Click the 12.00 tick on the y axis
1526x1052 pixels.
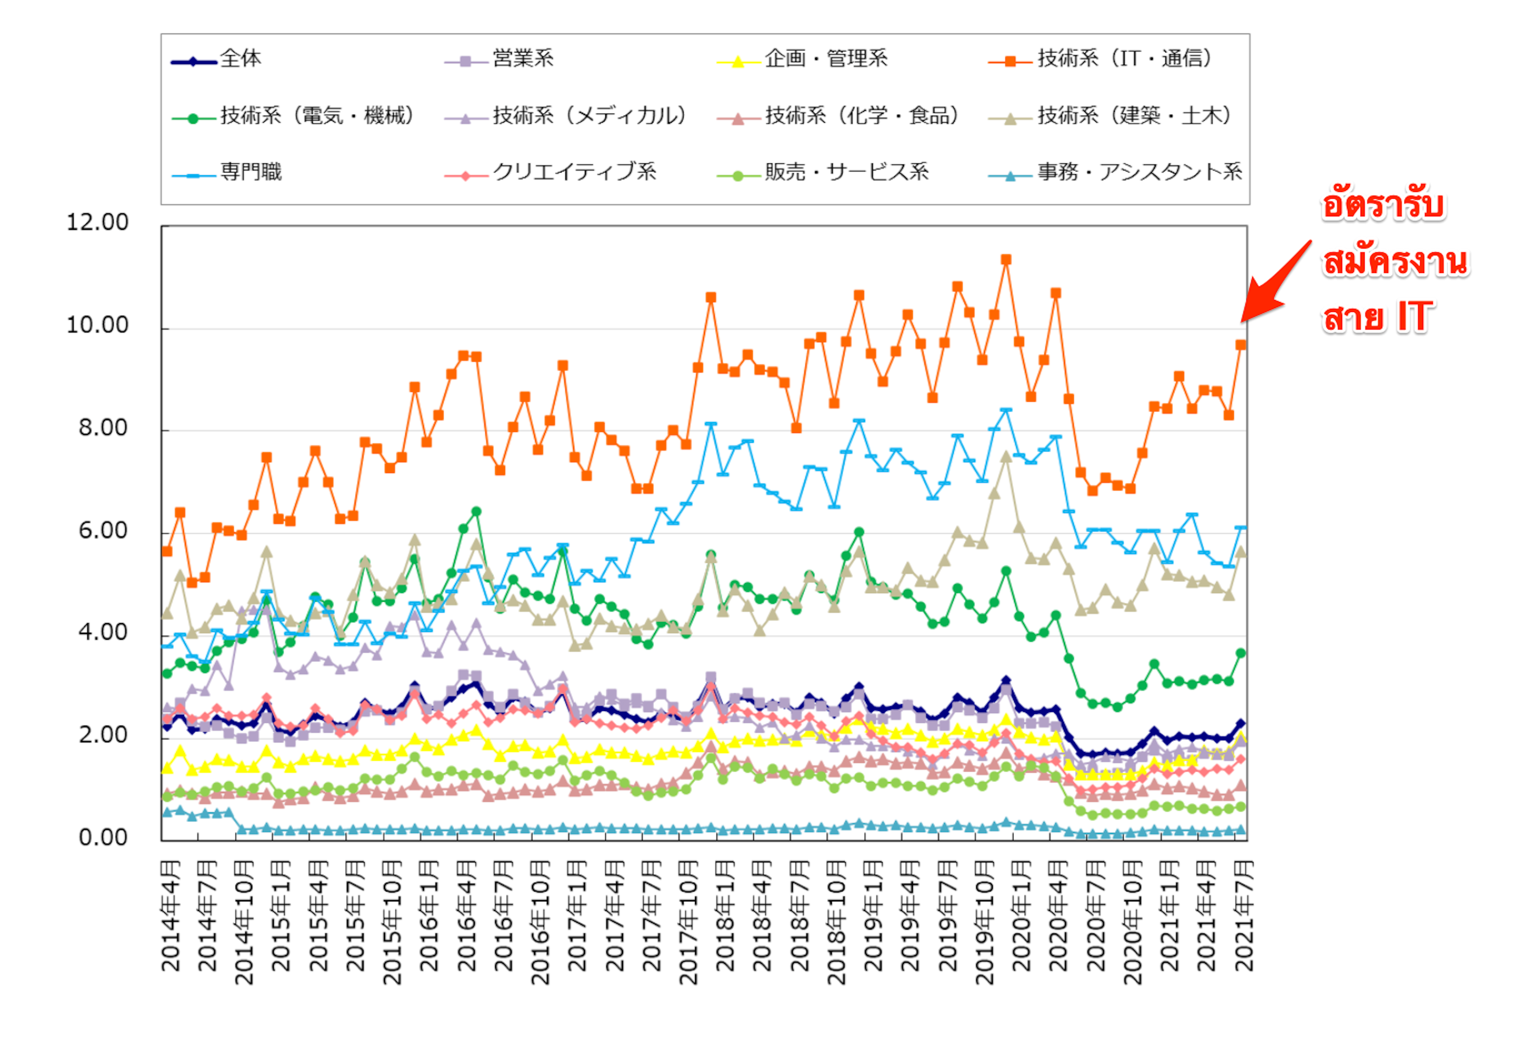point(97,223)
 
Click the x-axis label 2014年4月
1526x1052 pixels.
point(170,916)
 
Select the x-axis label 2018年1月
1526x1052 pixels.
point(725,916)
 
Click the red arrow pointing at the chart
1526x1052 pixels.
point(1275,283)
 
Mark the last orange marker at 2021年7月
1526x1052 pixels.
point(1241,345)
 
